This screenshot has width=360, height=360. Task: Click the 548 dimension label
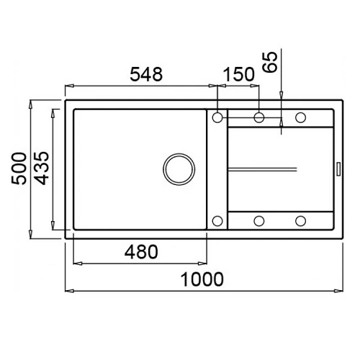click(x=146, y=74)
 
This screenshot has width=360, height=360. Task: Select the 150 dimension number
click(x=239, y=74)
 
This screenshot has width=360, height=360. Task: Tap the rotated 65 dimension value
click(x=270, y=62)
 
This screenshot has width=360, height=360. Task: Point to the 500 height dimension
click(x=19, y=168)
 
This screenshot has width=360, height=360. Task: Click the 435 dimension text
click(x=41, y=168)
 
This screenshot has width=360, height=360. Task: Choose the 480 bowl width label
click(x=141, y=252)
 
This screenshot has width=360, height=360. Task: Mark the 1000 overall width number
click(x=202, y=279)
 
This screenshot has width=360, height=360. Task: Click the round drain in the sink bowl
click(x=179, y=169)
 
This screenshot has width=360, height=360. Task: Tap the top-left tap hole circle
click(x=217, y=117)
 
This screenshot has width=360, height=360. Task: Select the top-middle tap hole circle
click(x=259, y=117)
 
